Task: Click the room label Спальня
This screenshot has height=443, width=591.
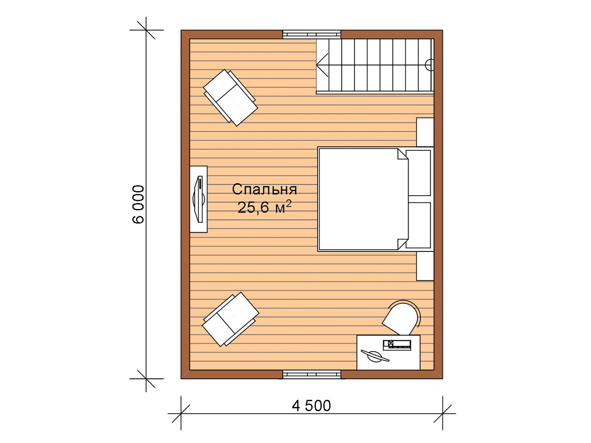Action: [265, 190]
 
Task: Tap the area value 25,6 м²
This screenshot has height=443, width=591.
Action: [265, 207]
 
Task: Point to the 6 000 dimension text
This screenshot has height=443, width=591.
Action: [139, 204]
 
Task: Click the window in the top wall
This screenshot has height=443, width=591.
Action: [312, 35]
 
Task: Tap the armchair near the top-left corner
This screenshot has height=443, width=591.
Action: [230, 98]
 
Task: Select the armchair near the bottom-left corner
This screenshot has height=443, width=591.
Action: [230, 319]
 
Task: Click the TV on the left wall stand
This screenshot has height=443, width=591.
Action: [199, 199]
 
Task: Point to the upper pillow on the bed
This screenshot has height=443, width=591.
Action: [418, 173]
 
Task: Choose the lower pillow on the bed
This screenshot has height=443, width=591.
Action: [418, 225]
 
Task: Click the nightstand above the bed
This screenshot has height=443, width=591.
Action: [425, 132]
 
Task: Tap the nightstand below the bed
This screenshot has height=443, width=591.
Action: [425, 266]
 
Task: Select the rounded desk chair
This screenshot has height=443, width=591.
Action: [401, 318]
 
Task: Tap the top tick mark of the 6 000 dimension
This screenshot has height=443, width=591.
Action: [146, 30]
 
